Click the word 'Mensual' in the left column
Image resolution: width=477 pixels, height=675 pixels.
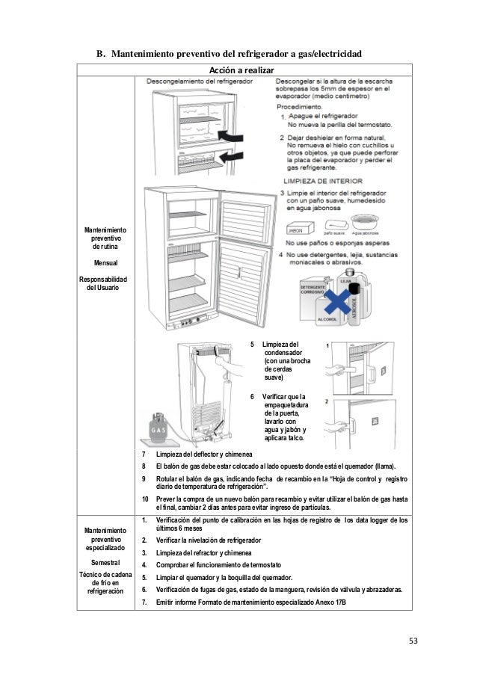coord(105,263)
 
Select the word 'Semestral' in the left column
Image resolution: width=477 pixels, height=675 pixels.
coord(105,561)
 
